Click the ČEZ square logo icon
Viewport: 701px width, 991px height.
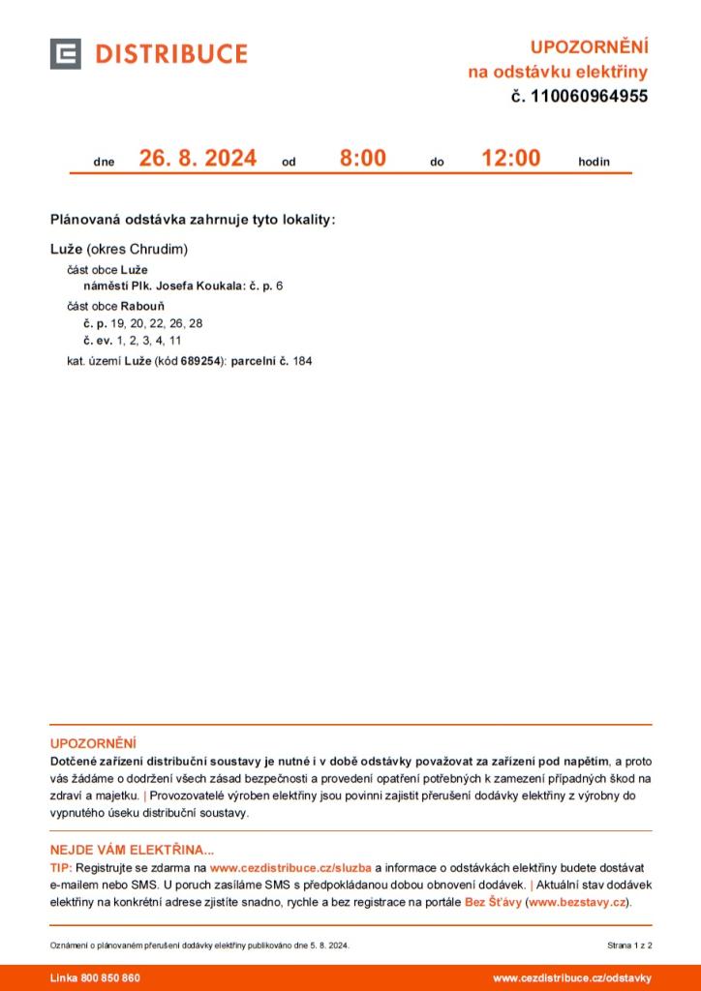coord(66,54)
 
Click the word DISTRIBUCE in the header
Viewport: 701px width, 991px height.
coord(170,54)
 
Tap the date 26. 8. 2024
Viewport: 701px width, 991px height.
coord(198,158)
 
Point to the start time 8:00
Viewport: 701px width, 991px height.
coord(362,158)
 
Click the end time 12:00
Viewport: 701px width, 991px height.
coord(511,158)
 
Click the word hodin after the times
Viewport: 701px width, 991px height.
coord(594,162)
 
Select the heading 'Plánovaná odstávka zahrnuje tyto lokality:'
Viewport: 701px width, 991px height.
coord(193,220)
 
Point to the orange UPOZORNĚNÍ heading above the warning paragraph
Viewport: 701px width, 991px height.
coord(93,743)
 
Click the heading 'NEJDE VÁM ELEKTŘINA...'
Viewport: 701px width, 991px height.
coord(132,850)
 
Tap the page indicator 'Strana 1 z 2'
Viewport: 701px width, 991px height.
coord(629,944)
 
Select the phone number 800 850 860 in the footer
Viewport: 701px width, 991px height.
coord(111,977)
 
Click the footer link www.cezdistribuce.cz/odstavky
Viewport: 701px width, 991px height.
coord(571,977)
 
